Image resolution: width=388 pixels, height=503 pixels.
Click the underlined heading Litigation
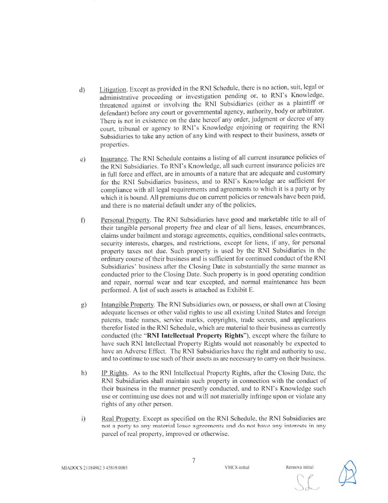113,90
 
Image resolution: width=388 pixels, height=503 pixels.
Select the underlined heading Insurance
114,159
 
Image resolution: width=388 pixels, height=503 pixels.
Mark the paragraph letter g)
84,305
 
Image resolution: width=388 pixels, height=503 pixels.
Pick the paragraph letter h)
84,373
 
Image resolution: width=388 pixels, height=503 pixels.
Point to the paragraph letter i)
84,418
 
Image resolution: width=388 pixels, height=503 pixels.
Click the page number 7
194,461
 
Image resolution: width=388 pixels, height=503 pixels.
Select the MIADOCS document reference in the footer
95,468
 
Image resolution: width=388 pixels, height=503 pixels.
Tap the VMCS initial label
237,468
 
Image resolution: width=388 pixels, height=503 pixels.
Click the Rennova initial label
299,467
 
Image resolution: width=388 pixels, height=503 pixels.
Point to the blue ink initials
348,473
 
